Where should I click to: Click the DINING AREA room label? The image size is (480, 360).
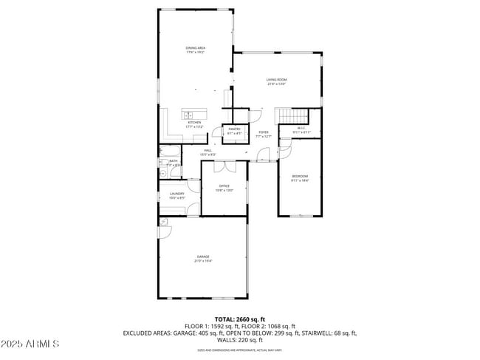[x=195, y=48]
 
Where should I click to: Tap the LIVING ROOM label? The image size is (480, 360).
[x=277, y=80]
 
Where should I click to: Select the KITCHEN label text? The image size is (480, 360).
[x=194, y=123]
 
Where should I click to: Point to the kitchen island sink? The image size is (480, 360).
[x=188, y=115]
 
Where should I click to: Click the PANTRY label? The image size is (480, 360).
[x=234, y=129]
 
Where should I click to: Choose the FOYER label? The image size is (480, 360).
[x=264, y=132]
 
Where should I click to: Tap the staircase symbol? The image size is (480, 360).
[x=292, y=115]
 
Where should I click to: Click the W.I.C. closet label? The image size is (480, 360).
[x=301, y=129]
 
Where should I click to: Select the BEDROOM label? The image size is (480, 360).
[x=299, y=175]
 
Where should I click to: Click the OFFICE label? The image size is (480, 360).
[x=224, y=186]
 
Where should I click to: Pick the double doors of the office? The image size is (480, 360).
[x=224, y=164]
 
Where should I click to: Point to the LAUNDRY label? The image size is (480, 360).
[x=176, y=194]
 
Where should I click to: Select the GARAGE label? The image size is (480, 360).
[x=202, y=257]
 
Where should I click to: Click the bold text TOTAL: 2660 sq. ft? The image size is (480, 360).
[x=240, y=319]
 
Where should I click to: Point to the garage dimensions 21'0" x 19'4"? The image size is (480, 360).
[x=202, y=261]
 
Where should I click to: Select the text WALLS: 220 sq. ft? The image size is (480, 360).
[x=240, y=340]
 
